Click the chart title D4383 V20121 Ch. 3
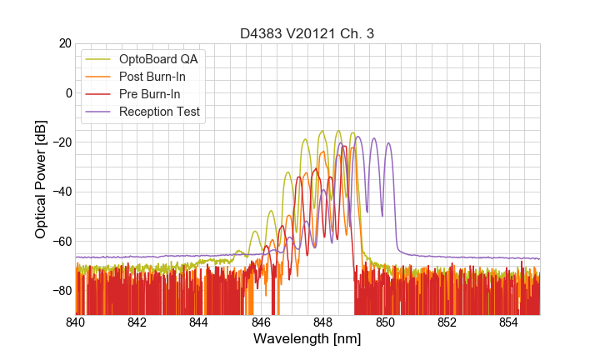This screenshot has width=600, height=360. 307,33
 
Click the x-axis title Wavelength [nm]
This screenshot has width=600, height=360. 307,338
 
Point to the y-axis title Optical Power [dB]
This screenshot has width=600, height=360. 41,179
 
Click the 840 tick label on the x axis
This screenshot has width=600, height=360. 76,322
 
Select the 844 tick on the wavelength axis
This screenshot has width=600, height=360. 199,322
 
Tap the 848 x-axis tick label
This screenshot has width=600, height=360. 323,322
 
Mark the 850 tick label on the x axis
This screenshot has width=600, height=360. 385,322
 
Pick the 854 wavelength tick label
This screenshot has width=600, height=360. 509,322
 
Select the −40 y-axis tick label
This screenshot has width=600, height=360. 59,192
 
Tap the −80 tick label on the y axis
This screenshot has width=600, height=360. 59,291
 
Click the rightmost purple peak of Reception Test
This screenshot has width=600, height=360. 388,143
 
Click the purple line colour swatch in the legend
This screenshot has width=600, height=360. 99,112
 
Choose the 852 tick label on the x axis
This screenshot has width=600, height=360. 447,322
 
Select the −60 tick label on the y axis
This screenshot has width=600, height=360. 59,241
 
